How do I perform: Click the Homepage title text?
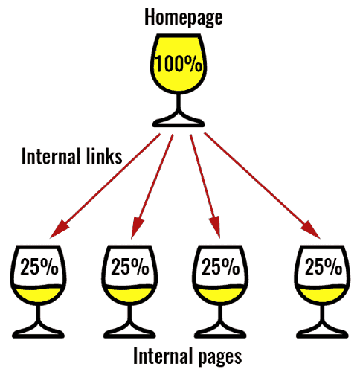click(x=184, y=17)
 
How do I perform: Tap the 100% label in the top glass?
click(x=179, y=64)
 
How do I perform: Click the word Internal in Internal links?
click(x=53, y=156)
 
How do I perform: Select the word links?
click(x=104, y=156)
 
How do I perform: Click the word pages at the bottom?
click(x=220, y=356)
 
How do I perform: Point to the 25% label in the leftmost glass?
click(x=39, y=266)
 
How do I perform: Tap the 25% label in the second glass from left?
click(x=130, y=266)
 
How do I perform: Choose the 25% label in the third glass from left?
click(x=221, y=266)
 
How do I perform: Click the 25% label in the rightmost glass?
click(x=324, y=266)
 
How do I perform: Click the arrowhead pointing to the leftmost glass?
click(x=59, y=229)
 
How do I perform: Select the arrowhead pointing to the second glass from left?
click(x=136, y=228)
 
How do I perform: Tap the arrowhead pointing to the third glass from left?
click(x=215, y=228)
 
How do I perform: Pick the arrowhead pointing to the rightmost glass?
click(x=312, y=230)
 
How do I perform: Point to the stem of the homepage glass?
click(x=179, y=102)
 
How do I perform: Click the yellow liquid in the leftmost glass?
click(x=39, y=295)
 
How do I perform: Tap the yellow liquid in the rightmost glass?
click(x=322, y=295)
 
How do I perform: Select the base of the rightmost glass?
click(x=322, y=332)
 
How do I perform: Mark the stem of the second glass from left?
click(x=129, y=314)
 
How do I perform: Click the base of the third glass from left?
click(x=220, y=332)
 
